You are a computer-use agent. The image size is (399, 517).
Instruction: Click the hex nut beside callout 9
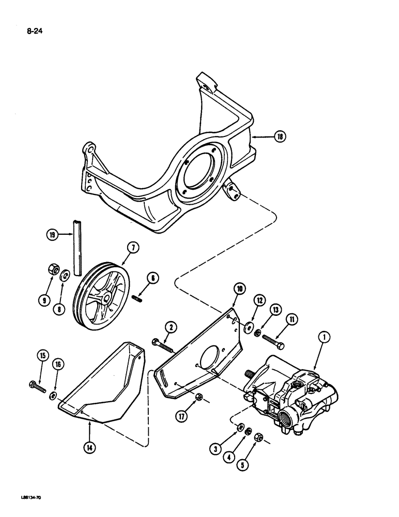tap(53, 269)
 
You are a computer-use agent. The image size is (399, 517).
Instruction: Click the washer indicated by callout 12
tap(248, 327)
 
